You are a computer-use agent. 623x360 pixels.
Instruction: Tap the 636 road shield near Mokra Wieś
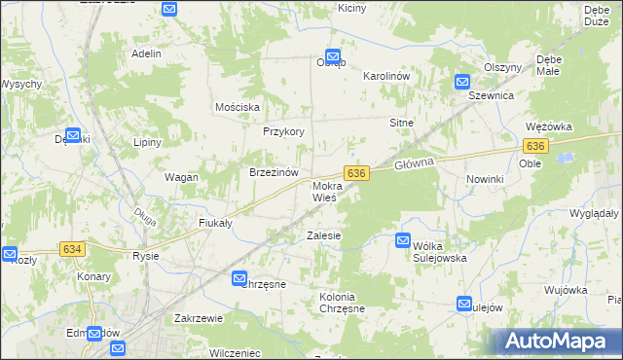click(357, 172)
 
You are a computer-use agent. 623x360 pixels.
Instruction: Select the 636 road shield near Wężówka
click(534, 145)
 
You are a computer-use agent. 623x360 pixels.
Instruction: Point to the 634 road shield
click(72, 249)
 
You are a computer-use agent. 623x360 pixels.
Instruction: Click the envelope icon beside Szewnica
click(463, 83)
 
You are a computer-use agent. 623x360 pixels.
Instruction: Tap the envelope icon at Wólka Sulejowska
click(403, 240)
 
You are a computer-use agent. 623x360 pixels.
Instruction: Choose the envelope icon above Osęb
click(332, 57)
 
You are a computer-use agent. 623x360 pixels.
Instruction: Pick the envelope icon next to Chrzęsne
click(240, 279)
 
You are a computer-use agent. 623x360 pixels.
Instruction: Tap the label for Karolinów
click(390, 76)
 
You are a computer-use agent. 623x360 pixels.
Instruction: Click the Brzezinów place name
click(273, 171)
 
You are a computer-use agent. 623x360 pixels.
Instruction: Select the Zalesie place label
click(323, 235)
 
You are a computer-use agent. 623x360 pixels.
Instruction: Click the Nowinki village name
click(485, 180)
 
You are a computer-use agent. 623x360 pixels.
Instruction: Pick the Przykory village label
click(284, 131)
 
